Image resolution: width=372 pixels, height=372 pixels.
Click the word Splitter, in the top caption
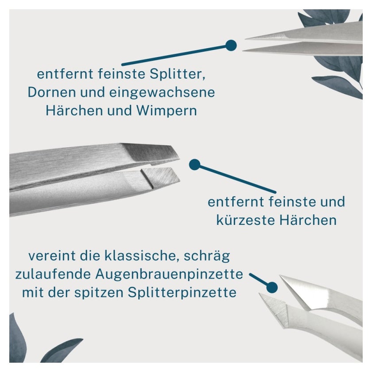click(178, 74)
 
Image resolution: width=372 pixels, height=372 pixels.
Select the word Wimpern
click(167, 111)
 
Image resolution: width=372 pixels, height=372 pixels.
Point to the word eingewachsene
click(162, 93)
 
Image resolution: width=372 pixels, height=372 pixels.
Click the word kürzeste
click(245, 220)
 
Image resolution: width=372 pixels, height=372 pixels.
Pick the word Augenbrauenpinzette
click(169, 275)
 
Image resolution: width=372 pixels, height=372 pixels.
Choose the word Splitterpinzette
click(182, 293)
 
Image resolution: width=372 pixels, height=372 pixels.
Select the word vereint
click(52, 256)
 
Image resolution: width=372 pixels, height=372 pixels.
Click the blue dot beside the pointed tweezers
click(231, 45)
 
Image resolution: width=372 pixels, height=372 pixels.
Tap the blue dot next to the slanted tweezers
click(195, 165)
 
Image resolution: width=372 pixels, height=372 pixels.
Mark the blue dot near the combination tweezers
click(272, 287)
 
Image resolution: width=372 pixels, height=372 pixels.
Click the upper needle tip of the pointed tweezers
click(246, 39)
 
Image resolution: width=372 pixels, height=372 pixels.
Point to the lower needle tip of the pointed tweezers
click(243, 50)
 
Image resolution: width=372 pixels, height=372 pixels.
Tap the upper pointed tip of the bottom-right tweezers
click(280, 276)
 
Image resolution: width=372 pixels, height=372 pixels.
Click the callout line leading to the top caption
click(174, 55)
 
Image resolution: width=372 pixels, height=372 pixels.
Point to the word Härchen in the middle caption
click(308, 220)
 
